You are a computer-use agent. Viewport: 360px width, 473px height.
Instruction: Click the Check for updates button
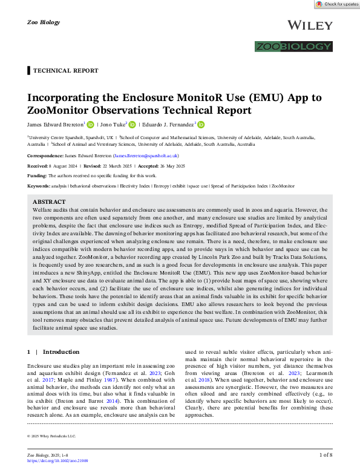point(336,4)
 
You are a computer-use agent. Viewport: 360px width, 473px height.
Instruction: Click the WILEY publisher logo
point(311,25)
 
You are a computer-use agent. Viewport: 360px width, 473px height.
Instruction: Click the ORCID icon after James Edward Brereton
point(91,125)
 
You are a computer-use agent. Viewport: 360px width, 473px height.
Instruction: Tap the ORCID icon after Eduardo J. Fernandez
point(201,125)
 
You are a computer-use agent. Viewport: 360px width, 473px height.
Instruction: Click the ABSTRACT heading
point(49,202)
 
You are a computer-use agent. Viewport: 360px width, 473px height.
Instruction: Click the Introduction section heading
point(61,352)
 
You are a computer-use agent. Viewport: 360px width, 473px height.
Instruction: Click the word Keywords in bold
point(39,186)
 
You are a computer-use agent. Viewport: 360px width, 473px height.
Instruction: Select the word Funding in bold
point(38,176)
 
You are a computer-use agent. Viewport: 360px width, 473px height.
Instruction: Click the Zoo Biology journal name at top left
point(44,22)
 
